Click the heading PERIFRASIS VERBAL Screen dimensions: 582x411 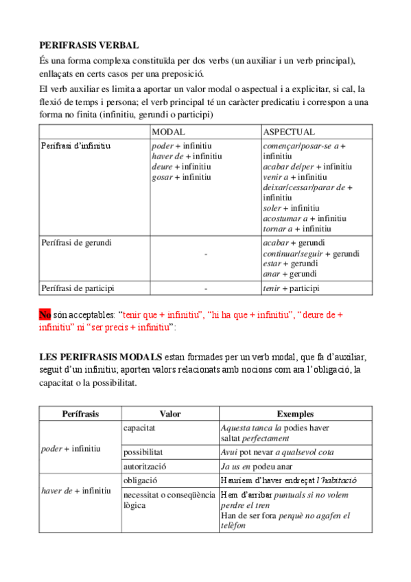point(89,45)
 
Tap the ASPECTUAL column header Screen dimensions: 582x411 point(289,132)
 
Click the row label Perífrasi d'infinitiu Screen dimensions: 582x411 point(75,146)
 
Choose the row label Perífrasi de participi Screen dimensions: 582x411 point(78,288)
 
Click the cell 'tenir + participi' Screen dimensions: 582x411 point(291,288)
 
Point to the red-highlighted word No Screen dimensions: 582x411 point(45,314)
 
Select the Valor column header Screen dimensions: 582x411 point(169,414)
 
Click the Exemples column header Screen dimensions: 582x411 point(295,414)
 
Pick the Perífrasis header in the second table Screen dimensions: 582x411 point(80,414)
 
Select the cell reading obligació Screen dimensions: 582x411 point(141,480)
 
